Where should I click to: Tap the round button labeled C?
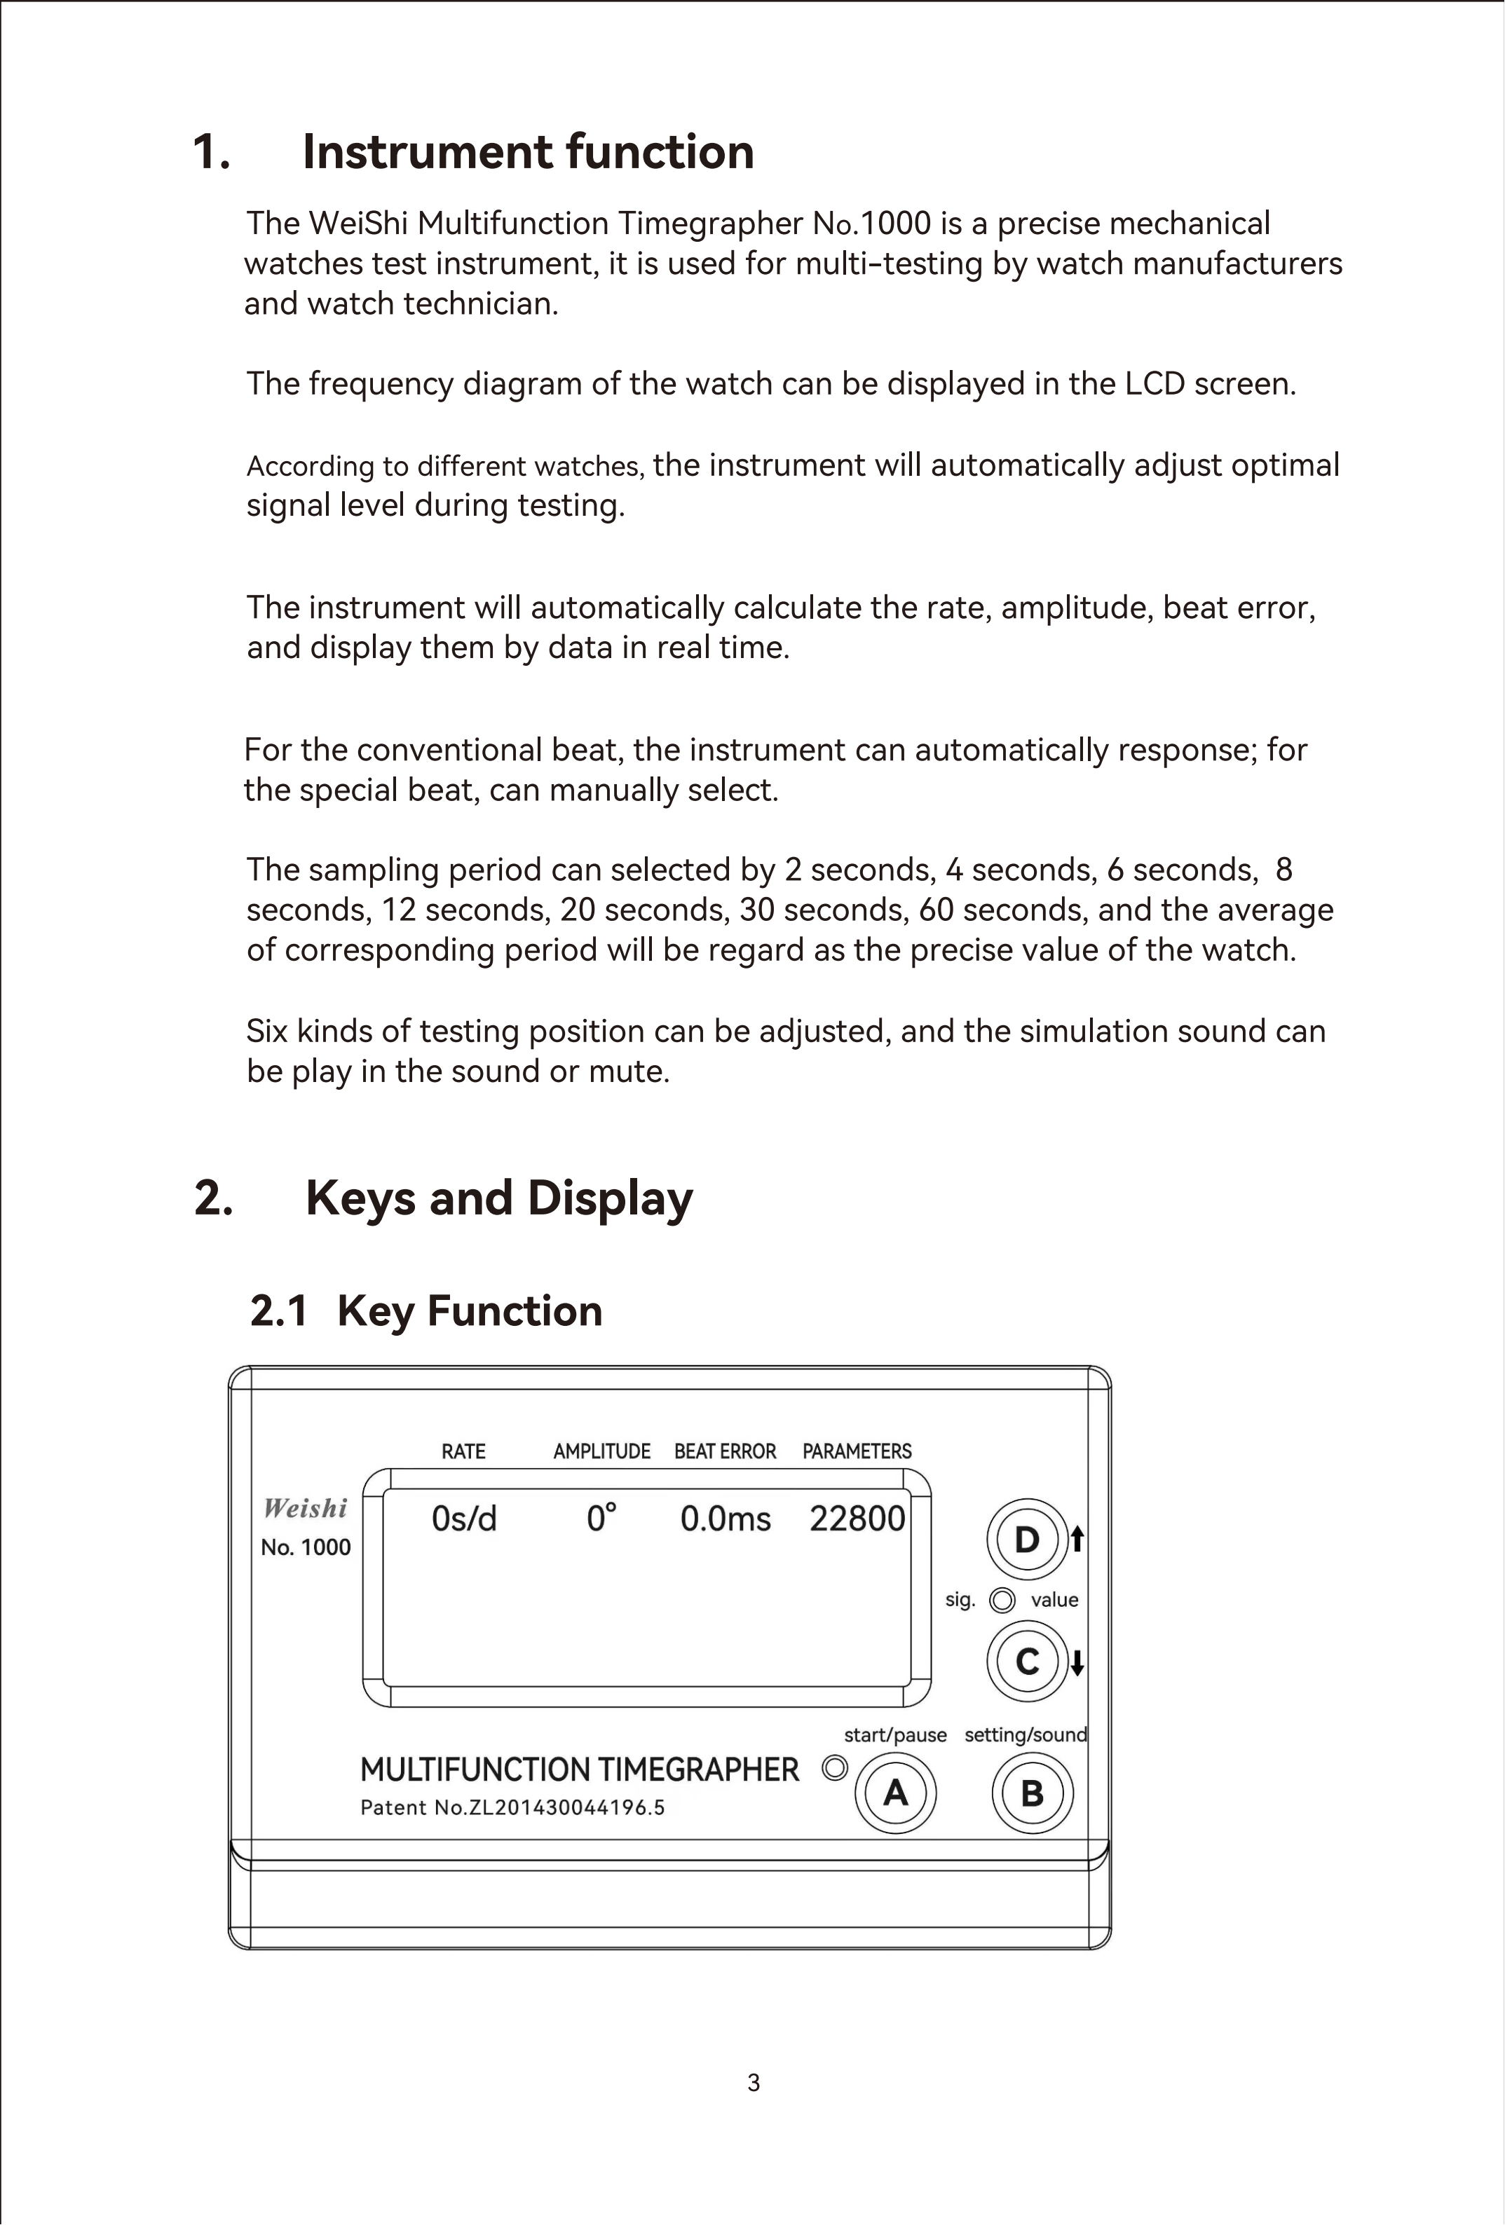(x=1027, y=1661)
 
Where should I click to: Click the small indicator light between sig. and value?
(x=1002, y=1600)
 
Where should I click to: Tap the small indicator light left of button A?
(x=835, y=1767)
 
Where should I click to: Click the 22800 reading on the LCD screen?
(x=857, y=1519)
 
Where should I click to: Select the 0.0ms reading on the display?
(x=726, y=1519)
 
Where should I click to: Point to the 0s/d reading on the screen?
(x=464, y=1519)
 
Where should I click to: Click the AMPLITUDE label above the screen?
(x=602, y=1451)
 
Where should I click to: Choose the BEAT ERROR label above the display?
(x=725, y=1451)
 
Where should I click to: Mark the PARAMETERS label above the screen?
(x=857, y=1451)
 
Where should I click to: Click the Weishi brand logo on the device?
(x=306, y=1509)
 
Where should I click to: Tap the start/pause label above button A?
(x=895, y=1735)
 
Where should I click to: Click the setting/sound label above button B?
(x=1026, y=1735)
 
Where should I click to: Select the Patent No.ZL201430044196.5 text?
(x=512, y=1807)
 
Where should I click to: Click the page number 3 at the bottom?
(x=754, y=2082)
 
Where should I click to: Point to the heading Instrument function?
(x=528, y=152)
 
